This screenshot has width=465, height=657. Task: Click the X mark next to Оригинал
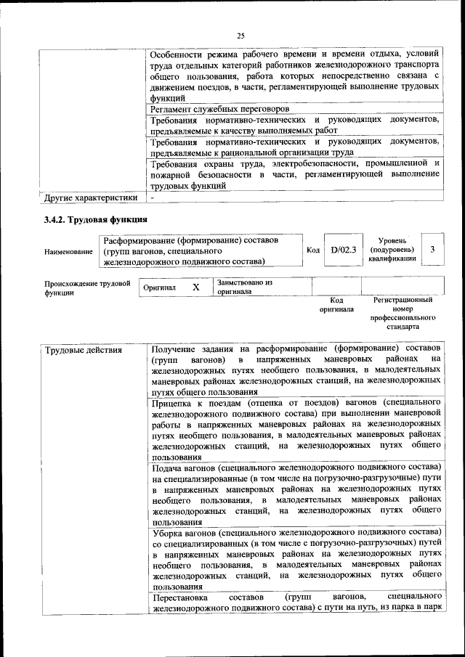(x=196, y=287)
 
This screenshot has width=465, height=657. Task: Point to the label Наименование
(x=68, y=252)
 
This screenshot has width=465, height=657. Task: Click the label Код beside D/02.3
(x=313, y=250)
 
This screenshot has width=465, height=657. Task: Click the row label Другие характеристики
(x=91, y=197)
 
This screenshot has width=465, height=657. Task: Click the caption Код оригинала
(x=336, y=304)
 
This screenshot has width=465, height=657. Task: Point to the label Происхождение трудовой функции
(x=86, y=287)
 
